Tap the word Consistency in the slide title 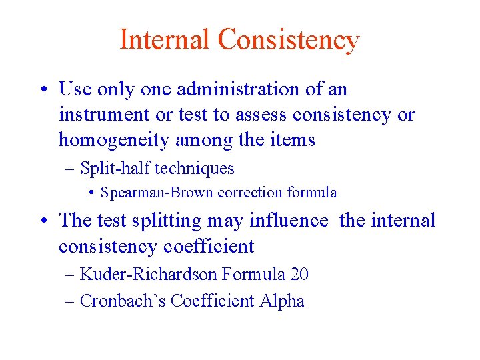(289, 40)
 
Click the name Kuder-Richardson (148, 273)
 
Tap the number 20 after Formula (299, 273)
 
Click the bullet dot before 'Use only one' (45, 89)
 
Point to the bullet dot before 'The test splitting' (45, 221)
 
